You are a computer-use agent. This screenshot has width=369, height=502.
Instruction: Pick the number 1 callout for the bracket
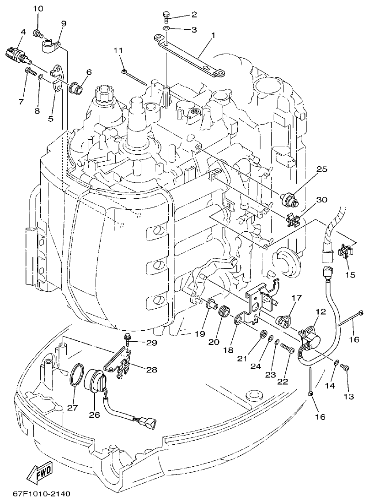click(x=213, y=35)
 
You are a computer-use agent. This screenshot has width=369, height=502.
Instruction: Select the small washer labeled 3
click(x=166, y=30)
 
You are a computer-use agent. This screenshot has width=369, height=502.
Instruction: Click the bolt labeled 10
click(x=38, y=33)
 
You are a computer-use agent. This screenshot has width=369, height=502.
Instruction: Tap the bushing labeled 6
click(x=75, y=87)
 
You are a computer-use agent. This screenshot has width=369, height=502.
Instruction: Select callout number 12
click(x=320, y=311)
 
